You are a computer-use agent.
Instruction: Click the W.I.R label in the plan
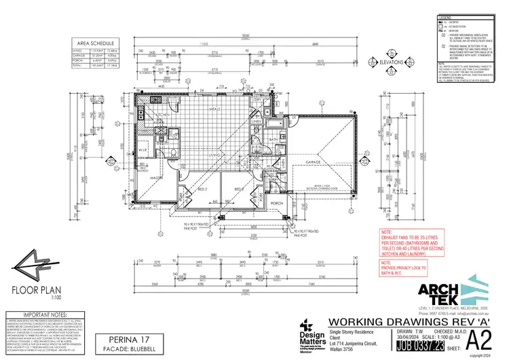(x=143, y=151)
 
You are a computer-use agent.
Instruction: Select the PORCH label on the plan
(x=276, y=203)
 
